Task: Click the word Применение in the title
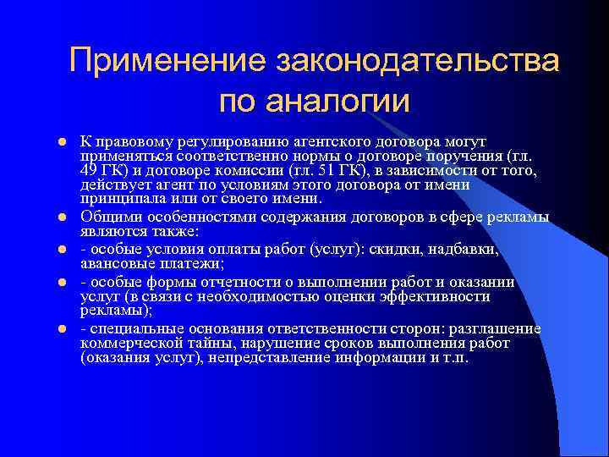click(166, 62)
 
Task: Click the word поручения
click(479, 156)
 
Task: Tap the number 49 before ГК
click(90, 169)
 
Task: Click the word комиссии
click(272, 169)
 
